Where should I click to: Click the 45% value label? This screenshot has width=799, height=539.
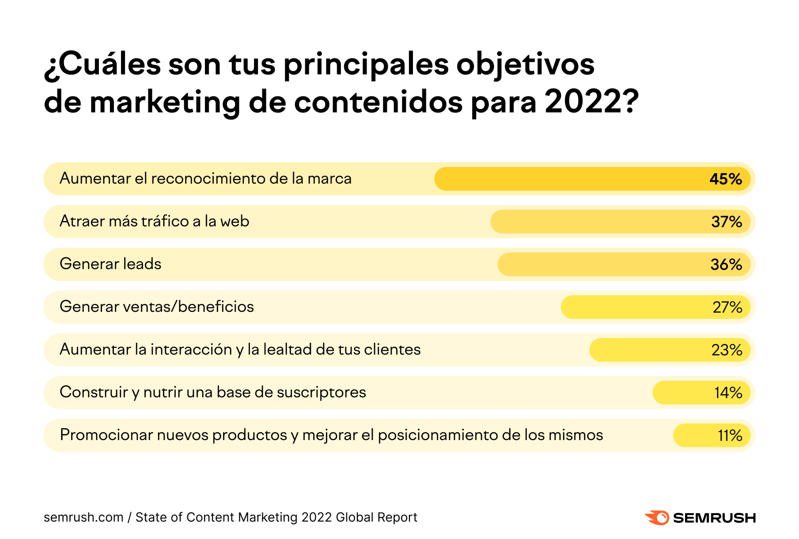tap(725, 179)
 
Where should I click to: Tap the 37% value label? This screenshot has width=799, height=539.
tap(726, 222)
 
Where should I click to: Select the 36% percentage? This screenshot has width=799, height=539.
tap(726, 264)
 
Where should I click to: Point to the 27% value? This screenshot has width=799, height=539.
tap(727, 307)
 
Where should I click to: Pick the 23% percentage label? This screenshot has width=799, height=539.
tap(727, 350)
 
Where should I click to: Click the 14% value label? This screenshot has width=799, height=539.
tap(728, 393)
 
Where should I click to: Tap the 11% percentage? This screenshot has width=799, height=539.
tap(730, 435)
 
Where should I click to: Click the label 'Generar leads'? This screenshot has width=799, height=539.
tap(110, 264)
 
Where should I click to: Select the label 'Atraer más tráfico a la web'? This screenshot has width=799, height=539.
tap(154, 221)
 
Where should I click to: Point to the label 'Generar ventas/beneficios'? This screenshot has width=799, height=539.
tap(157, 306)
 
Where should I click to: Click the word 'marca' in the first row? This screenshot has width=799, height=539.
tap(329, 178)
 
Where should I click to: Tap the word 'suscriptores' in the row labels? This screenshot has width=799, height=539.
tap(321, 392)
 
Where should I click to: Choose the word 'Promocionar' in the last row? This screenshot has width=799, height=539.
tap(106, 435)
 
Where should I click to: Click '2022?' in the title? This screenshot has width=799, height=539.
tap(591, 101)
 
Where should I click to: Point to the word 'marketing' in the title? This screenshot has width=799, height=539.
tap(165, 102)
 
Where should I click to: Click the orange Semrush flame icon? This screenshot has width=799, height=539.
tap(657, 517)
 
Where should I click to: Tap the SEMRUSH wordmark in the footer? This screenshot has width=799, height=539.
tap(714, 518)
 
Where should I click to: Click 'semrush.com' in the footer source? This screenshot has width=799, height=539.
tap(83, 517)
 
